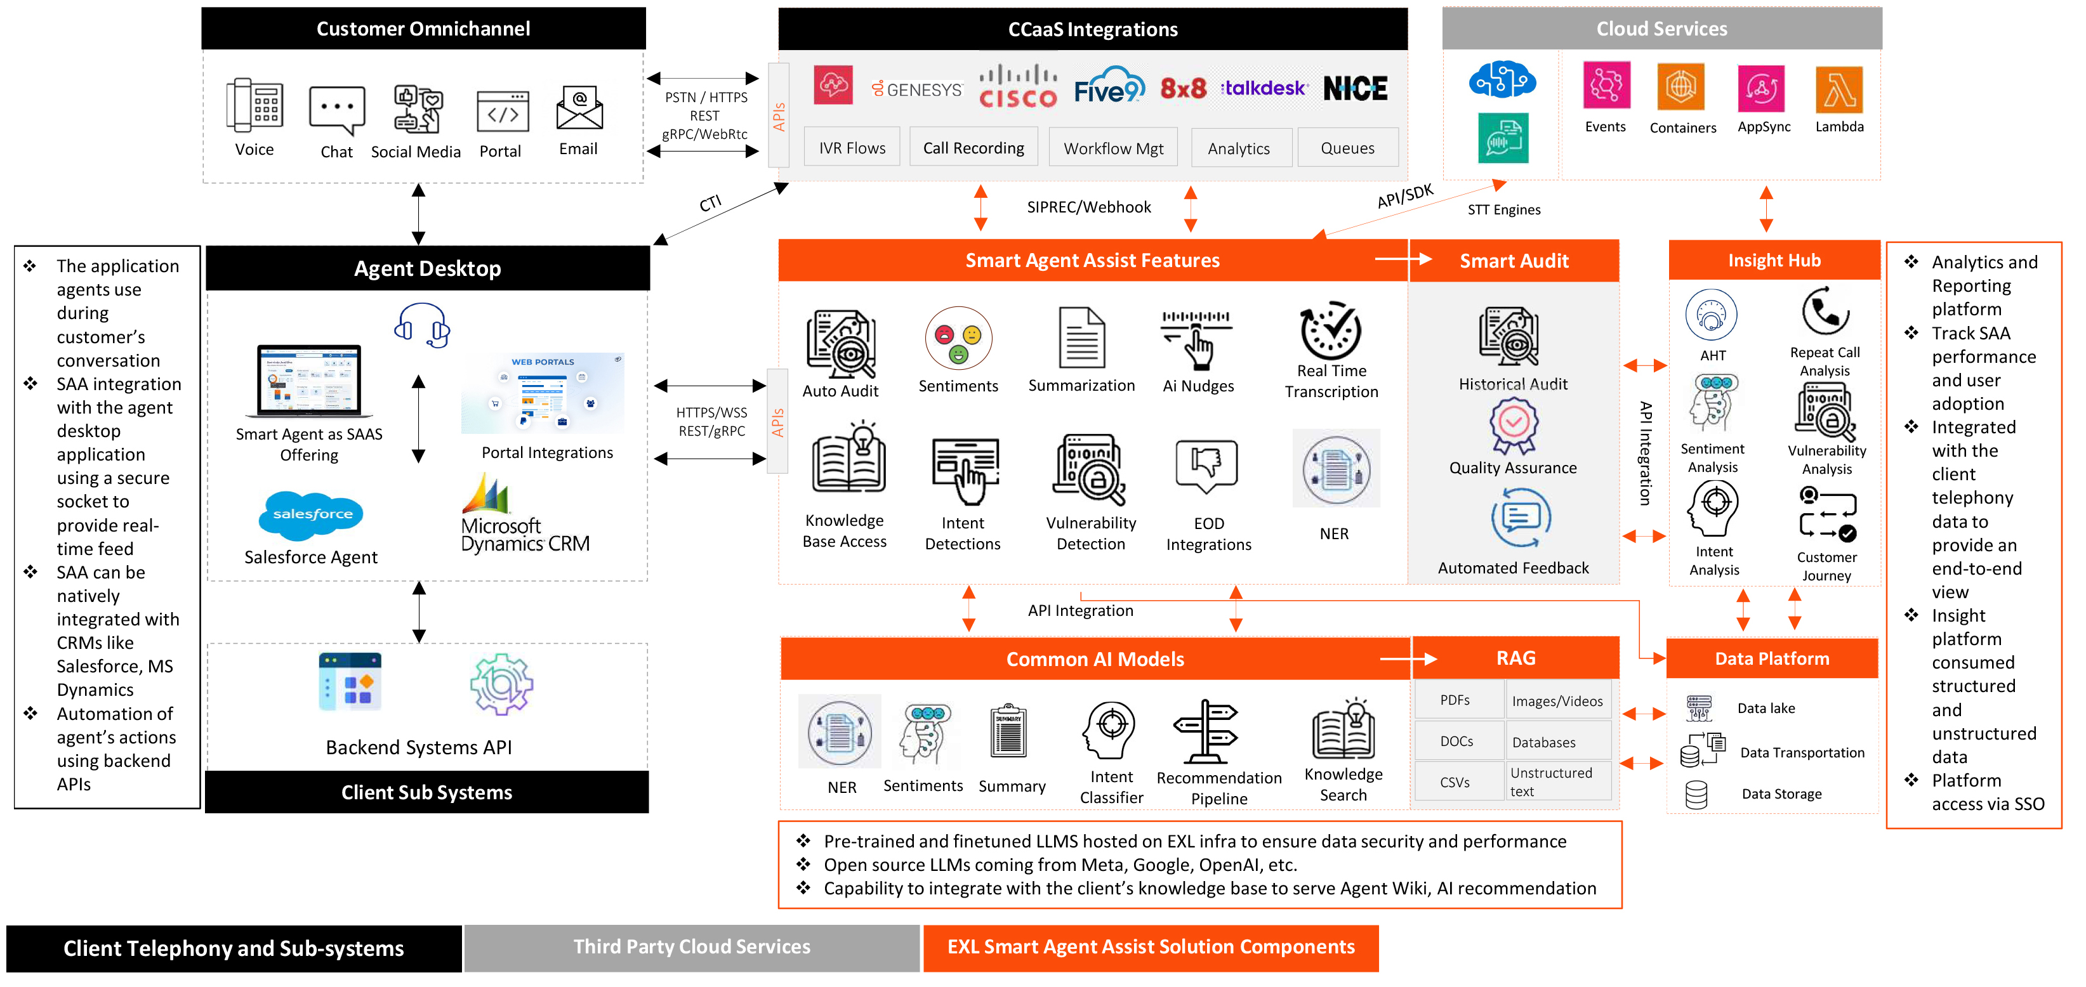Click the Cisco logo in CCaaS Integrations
1018,88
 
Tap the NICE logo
1355,88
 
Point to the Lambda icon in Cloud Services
1839,89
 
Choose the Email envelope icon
579,108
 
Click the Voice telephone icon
254,105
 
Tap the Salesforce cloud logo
312,514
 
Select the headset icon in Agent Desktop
422,325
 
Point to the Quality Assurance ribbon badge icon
1513,426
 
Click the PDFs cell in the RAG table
1455,700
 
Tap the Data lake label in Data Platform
1766,709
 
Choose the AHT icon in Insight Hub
1711,315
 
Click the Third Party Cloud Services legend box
692,947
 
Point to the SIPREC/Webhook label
1088,207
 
